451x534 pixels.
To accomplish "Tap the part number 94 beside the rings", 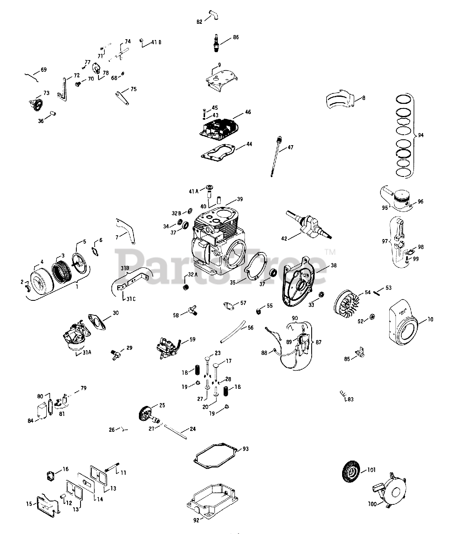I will pos(421,135).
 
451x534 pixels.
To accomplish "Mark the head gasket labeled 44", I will pos(218,153).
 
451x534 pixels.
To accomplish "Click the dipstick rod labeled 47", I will pos(276,156).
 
